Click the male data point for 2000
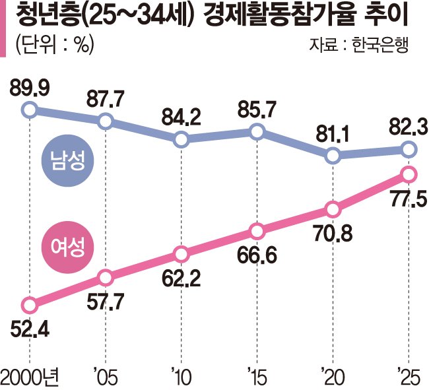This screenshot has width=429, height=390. (x=28, y=110)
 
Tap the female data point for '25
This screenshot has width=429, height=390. (x=409, y=175)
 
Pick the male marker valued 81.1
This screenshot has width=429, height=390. (x=333, y=156)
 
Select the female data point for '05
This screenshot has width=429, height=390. (x=105, y=277)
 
